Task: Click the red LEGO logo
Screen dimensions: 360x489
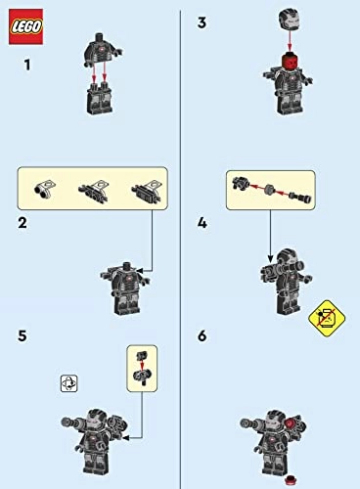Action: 25,26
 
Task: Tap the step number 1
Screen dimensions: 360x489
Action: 27,65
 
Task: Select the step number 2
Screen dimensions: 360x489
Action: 22,223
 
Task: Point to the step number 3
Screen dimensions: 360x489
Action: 202,22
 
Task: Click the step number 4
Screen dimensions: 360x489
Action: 202,223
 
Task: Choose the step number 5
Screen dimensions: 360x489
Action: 22,335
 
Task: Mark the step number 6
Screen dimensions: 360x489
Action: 202,335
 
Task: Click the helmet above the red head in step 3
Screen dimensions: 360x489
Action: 290,21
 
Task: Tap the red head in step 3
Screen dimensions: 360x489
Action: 290,62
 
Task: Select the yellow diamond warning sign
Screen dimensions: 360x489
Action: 327,318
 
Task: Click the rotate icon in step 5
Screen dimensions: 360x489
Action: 69,383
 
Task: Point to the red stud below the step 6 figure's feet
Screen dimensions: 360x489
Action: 290,479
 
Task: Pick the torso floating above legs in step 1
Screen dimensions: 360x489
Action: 104,50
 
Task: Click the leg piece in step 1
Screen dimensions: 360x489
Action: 99,98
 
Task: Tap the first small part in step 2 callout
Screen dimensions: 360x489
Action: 44,189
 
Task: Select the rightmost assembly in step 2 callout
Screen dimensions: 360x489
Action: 149,190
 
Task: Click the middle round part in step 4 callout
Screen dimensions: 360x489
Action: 270,189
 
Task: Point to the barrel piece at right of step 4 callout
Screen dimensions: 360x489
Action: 300,198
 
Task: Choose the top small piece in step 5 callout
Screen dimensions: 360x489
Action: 142,355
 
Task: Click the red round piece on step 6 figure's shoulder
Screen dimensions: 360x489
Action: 291,422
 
